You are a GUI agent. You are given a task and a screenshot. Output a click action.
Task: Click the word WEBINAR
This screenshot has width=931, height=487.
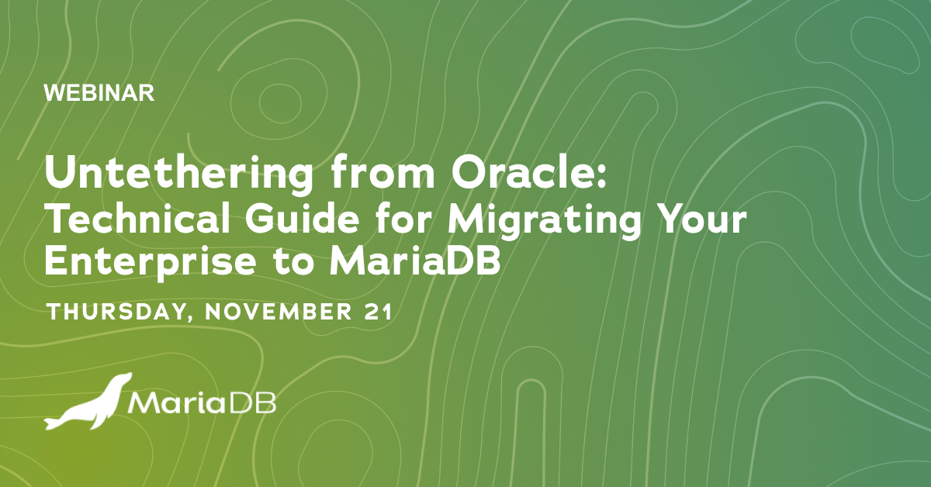tap(99, 93)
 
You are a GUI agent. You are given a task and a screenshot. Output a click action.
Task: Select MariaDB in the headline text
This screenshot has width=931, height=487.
tap(415, 261)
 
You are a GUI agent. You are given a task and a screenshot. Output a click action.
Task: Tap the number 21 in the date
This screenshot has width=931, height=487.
tap(381, 313)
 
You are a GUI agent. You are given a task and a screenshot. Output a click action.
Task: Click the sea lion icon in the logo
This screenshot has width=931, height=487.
tap(85, 403)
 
